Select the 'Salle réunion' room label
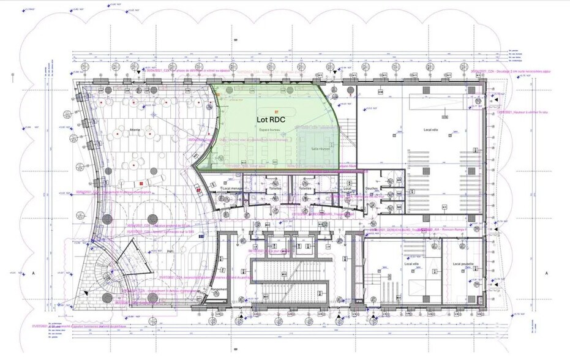(x=321, y=148)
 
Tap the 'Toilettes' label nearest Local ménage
(x=275, y=189)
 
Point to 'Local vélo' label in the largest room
(x=432, y=130)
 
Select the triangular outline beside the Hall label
(x=137, y=261)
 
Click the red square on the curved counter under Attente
(x=140, y=184)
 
